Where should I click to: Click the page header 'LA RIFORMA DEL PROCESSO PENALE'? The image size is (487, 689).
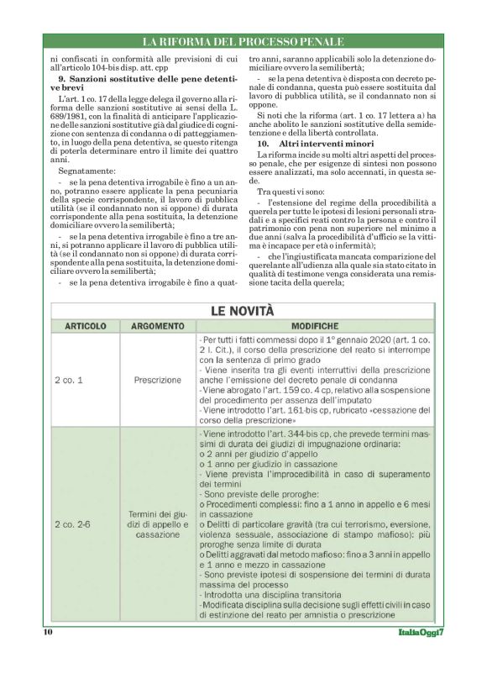click(x=243, y=41)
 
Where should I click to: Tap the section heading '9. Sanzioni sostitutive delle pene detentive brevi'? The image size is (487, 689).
click(x=139, y=82)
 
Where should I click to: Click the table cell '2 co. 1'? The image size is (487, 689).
click(x=68, y=380)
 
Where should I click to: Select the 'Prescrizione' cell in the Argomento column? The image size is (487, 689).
click(x=157, y=380)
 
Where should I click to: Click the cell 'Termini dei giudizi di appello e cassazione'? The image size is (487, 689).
click(x=157, y=524)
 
